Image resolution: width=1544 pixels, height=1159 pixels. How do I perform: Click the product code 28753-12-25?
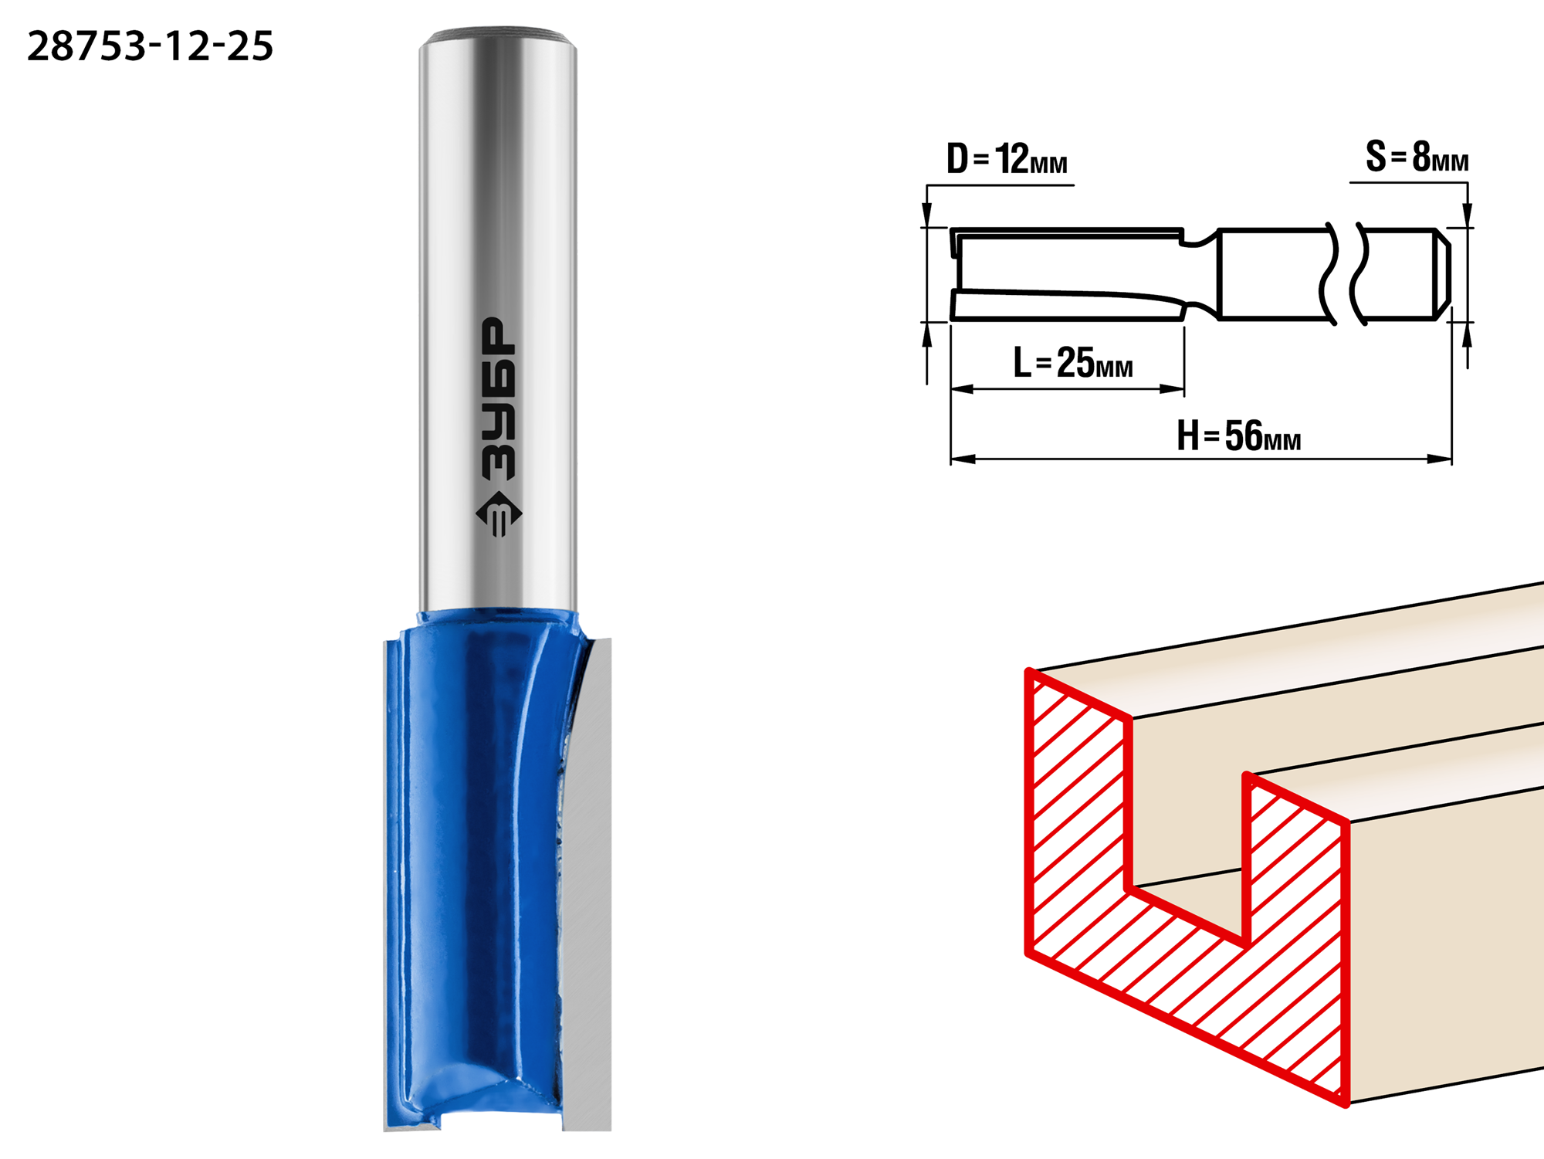150,46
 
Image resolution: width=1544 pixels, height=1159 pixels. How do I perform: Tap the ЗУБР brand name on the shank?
498,398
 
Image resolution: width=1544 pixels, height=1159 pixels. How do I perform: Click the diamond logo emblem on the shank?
499,513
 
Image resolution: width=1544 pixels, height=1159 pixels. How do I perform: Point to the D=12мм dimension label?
1007,159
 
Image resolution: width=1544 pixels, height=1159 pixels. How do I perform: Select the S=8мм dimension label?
1417,157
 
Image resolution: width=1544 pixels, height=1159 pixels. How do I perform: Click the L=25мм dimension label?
1073,362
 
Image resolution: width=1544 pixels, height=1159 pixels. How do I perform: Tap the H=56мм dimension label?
1239,435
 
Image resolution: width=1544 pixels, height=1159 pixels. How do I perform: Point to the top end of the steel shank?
498,36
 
